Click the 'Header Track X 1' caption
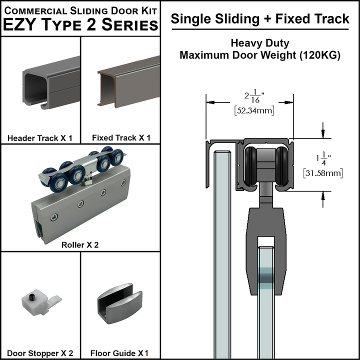pos(40,137)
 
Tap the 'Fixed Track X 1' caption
pos(121,137)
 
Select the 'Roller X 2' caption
pos(80,245)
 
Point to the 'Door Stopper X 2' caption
pos(40,353)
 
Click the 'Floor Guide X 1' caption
pos(120,353)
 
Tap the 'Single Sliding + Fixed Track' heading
pos(260,19)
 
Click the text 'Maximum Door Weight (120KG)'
pos(260,55)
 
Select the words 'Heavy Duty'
pos(260,43)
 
